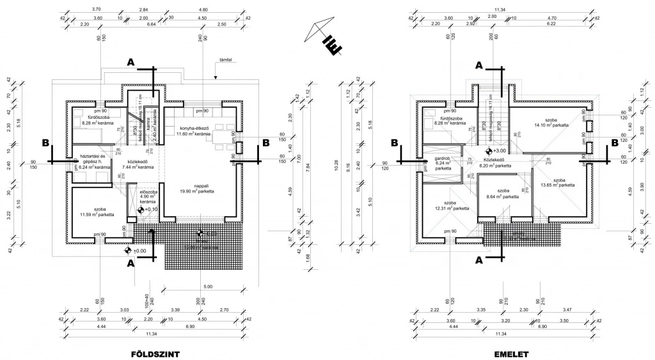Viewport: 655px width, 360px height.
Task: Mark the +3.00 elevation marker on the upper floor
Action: tap(489, 151)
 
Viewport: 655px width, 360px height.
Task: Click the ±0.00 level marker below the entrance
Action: tap(129, 251)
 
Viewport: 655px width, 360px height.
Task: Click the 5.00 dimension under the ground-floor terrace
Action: tap(207, 286)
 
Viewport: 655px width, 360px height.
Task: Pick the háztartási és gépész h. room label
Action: tap(94, 162)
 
